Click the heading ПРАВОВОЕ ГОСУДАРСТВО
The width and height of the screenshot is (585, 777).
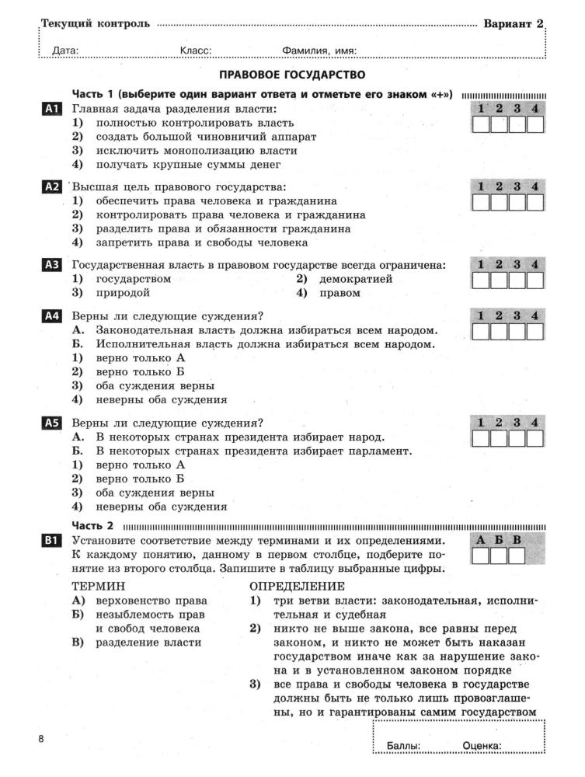[x=292, y=75]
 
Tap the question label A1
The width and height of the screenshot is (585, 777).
[x=52, y=110]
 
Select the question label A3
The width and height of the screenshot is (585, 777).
[x=52, y=265]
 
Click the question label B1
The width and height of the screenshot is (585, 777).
[x=52, y=540]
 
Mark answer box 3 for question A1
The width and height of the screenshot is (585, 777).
[x=517, y=125]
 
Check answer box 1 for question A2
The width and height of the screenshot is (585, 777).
[x=481, y=203]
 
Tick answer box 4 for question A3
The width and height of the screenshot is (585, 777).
[x=535, y=280]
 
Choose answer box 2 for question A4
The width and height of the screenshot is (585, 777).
[x=500, y=333]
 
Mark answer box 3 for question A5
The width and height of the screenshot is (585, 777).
[x=517, y=439]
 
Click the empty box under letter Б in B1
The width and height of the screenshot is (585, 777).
[x=500, y=556]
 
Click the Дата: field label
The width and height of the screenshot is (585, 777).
[x=65, y=51]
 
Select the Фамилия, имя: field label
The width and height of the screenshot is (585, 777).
[x=319, y=51]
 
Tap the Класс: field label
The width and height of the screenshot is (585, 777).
[x=196, y=51]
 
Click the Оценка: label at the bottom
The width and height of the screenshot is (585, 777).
[x=482, y=747]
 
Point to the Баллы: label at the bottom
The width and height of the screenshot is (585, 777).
[x=403, y=747]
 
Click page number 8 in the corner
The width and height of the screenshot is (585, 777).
[x=42, y=738]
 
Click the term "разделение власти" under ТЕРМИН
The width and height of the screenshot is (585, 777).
[x=148, y=643]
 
